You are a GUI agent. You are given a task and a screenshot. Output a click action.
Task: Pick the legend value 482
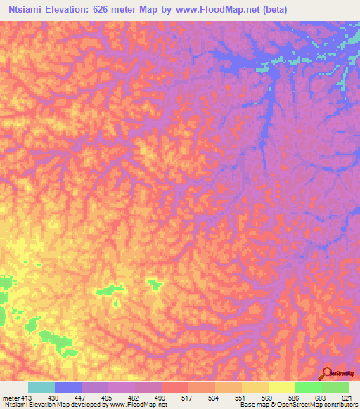pyautogui.click(x=131, y=398)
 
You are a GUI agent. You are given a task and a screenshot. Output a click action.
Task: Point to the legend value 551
pyautogui.click(x=240, y=398)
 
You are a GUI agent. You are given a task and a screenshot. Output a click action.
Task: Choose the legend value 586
pyautogui.click(x=294, y=398)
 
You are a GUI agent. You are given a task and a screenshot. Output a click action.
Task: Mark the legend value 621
pyautogui.click(x=345, y=398)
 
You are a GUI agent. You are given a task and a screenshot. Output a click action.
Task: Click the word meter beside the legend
pyautogui.click(x=9, y=398)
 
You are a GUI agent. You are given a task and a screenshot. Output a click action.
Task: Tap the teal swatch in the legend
pyautogui.click(x=41, y=387)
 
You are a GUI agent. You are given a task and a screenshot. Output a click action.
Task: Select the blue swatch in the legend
pyautogui.click(x=67, y=387)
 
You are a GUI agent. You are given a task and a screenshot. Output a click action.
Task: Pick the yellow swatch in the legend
pyautogui.click(x=281, y=387)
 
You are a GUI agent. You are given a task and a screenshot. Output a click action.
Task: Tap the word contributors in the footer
pyautogui.click(x=340, y=405)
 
